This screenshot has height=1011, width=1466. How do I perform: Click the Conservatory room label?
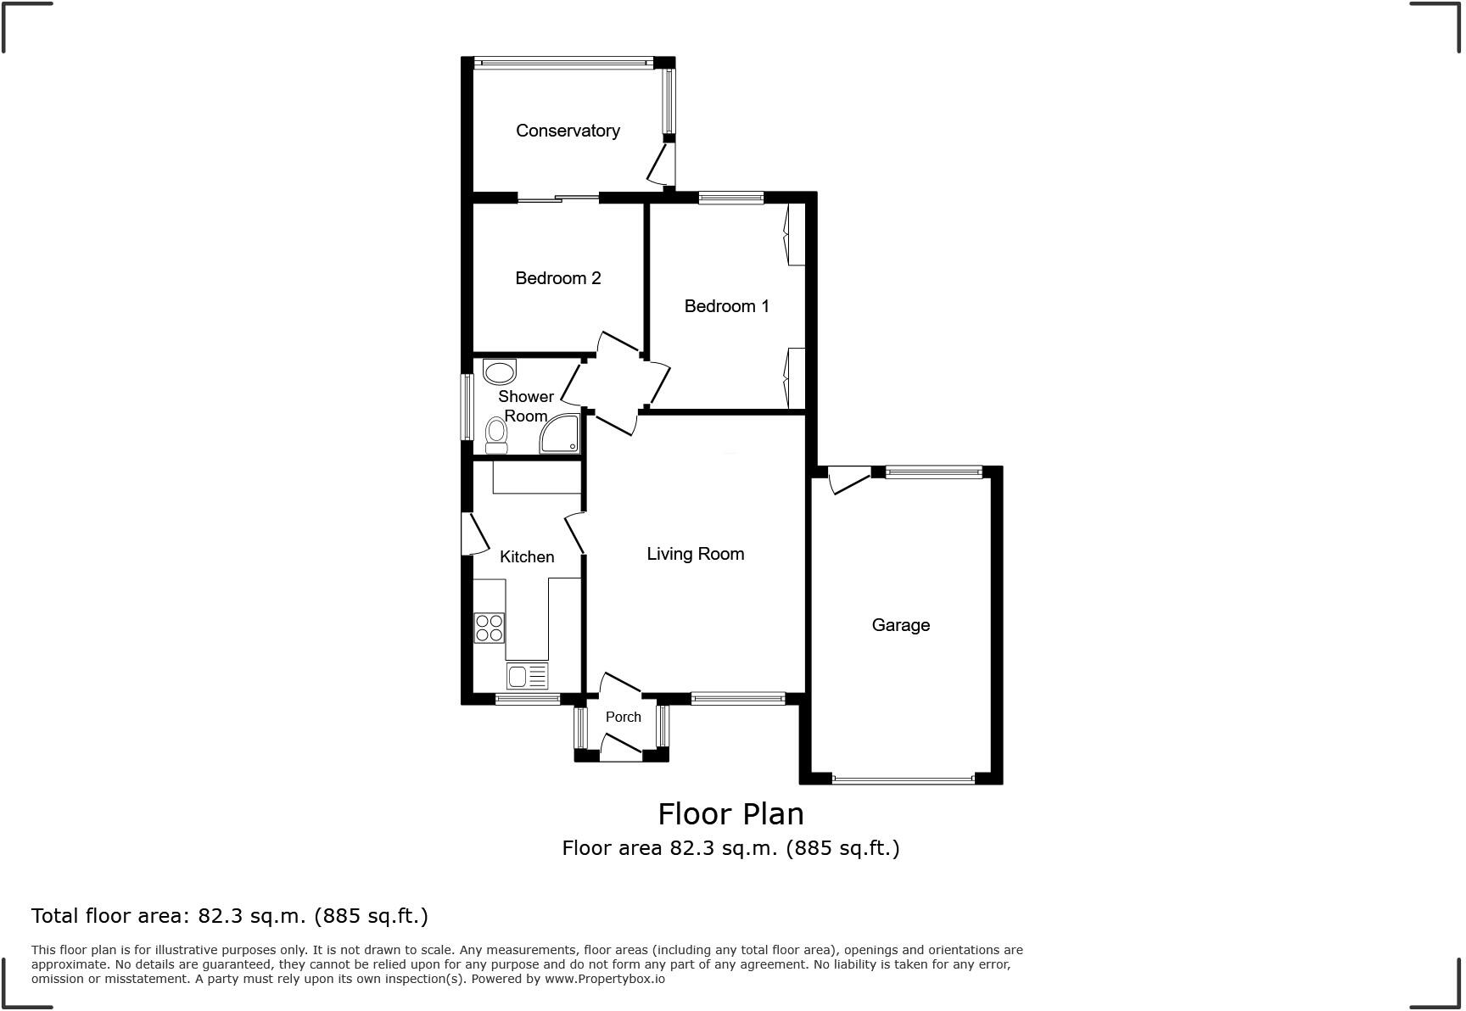pyautogui.click(x=568, y=131)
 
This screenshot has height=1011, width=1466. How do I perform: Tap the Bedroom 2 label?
pyautogui.click(x=558, y=278)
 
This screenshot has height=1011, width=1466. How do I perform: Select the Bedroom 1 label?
pyautogui.click(x=726, y=306)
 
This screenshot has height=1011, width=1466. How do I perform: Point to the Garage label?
pyautogui.click(x=900, y=625)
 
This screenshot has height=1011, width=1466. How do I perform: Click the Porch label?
pyautogui.click(x=623, y=717)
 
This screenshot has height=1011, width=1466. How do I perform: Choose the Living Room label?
pyautogui.click(x=695, y=554)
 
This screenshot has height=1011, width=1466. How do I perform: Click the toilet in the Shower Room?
pyautogui.click(x=496, y=435)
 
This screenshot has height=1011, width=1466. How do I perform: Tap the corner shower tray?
pyautogui.click(x=560, y=433)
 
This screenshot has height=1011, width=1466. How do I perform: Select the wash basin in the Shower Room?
pyautogui.click(x=499, y=371)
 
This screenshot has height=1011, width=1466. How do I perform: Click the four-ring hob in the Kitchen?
pyautogui.click(x=490, y=628)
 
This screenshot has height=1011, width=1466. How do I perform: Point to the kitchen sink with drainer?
pyautogui.click(x=527, y=676)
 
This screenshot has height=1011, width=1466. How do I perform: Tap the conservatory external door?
pyautogui.click(x=660, y=164)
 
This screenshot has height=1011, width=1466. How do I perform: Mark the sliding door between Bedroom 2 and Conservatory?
pyautogui.click(x=558, y=198)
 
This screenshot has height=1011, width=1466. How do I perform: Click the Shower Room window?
pyautogui.click(x=467, y=407)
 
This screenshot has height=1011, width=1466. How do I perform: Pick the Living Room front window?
pyautogui.click(x=737, y=699)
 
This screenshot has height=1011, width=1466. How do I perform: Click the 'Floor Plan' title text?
pyautogui.click(x=730, y=814)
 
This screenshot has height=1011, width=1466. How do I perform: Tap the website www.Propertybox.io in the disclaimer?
pyautogui.click(x=604, y=979)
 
